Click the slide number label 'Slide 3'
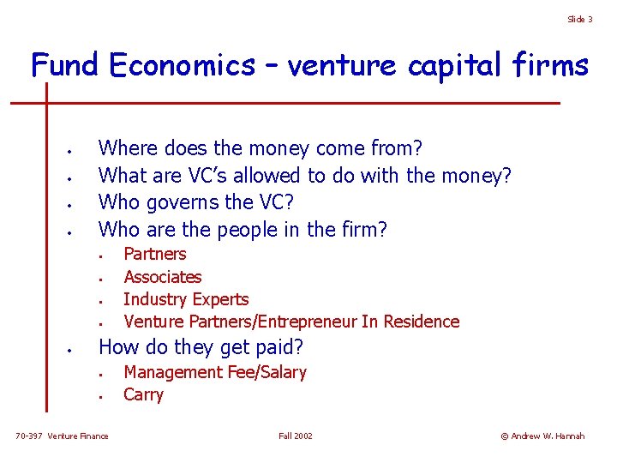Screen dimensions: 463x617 [x=579, y=19]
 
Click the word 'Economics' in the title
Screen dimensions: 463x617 [x=183, y=64]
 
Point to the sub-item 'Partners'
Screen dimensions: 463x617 [x=154, y=254]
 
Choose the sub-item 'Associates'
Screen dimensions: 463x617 [x=162, y=276]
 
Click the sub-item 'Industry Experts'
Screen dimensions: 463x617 [x=186, y=299]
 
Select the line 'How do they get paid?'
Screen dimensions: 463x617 [x=202, y=347]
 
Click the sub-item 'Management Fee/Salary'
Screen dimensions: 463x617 [x=215, y=372]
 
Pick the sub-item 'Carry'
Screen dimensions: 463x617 [x=143, y=394]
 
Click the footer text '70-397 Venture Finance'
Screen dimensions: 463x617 [x=63, y=436]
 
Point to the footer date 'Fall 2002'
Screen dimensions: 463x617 [x=296, y=436]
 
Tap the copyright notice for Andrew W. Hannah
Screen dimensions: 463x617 [x=542, y=436]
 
